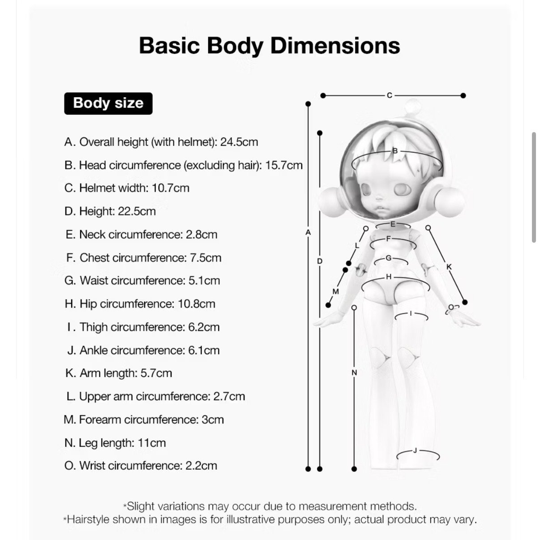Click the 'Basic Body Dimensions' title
[x=269, y=46]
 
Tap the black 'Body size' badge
[x=108, y=103]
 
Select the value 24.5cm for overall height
[x=239, y=142]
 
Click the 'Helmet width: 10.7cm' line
[x=127, y=188]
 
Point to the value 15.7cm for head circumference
[x=284, y=165]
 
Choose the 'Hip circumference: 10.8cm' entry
[x=140, y=304]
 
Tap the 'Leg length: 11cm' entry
[x=115, y=443]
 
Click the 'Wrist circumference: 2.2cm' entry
[x=141, y=466]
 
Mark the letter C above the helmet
[x=389, y=95]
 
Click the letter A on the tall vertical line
[x=308, y=232]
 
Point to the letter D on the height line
[x=320, y=261]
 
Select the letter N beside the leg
[x=354, y=373]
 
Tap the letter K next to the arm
[x=449, y=267]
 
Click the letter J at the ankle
[x=415, y=450]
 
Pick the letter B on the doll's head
[x=395, y=151]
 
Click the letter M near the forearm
[x=336, y=291]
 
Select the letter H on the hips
[x=389, y=277]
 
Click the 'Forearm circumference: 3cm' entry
[x=144, y=420]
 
